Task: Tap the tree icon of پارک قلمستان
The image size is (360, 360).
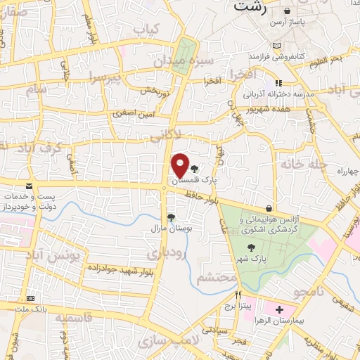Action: pyautogui.click(x=195, y=169)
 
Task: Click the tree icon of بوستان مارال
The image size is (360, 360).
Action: pyautogui.click(x=170, y=217)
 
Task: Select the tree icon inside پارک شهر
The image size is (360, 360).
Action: pyautogui.click(x=251, y=247)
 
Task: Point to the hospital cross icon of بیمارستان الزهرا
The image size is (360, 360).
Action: pyautogui.click(x=279, y=309)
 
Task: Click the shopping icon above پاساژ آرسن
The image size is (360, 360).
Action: pyautogui.click(x=287, y=11)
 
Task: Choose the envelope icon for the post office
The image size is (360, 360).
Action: pyautogui.click(x=29, y=186)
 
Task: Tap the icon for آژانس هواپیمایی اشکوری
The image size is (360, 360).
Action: pyautogui.click(x=269, y=208)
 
